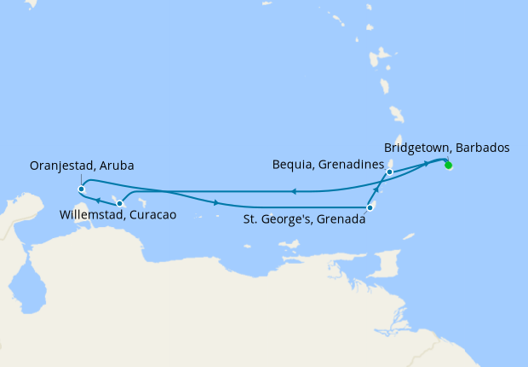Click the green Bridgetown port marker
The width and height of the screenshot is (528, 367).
pos(448,166)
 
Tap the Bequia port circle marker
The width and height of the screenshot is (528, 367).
pos(389,172)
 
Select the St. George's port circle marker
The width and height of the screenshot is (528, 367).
pos(370,207)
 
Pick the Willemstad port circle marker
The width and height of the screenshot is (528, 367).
pos(119,203)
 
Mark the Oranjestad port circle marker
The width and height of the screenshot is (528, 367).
pos(80,189)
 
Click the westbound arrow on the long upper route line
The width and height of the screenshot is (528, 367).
pos(293,191)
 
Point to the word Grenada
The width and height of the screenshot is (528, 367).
pos(341,219)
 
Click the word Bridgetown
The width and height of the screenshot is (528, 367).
pos(415,147)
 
